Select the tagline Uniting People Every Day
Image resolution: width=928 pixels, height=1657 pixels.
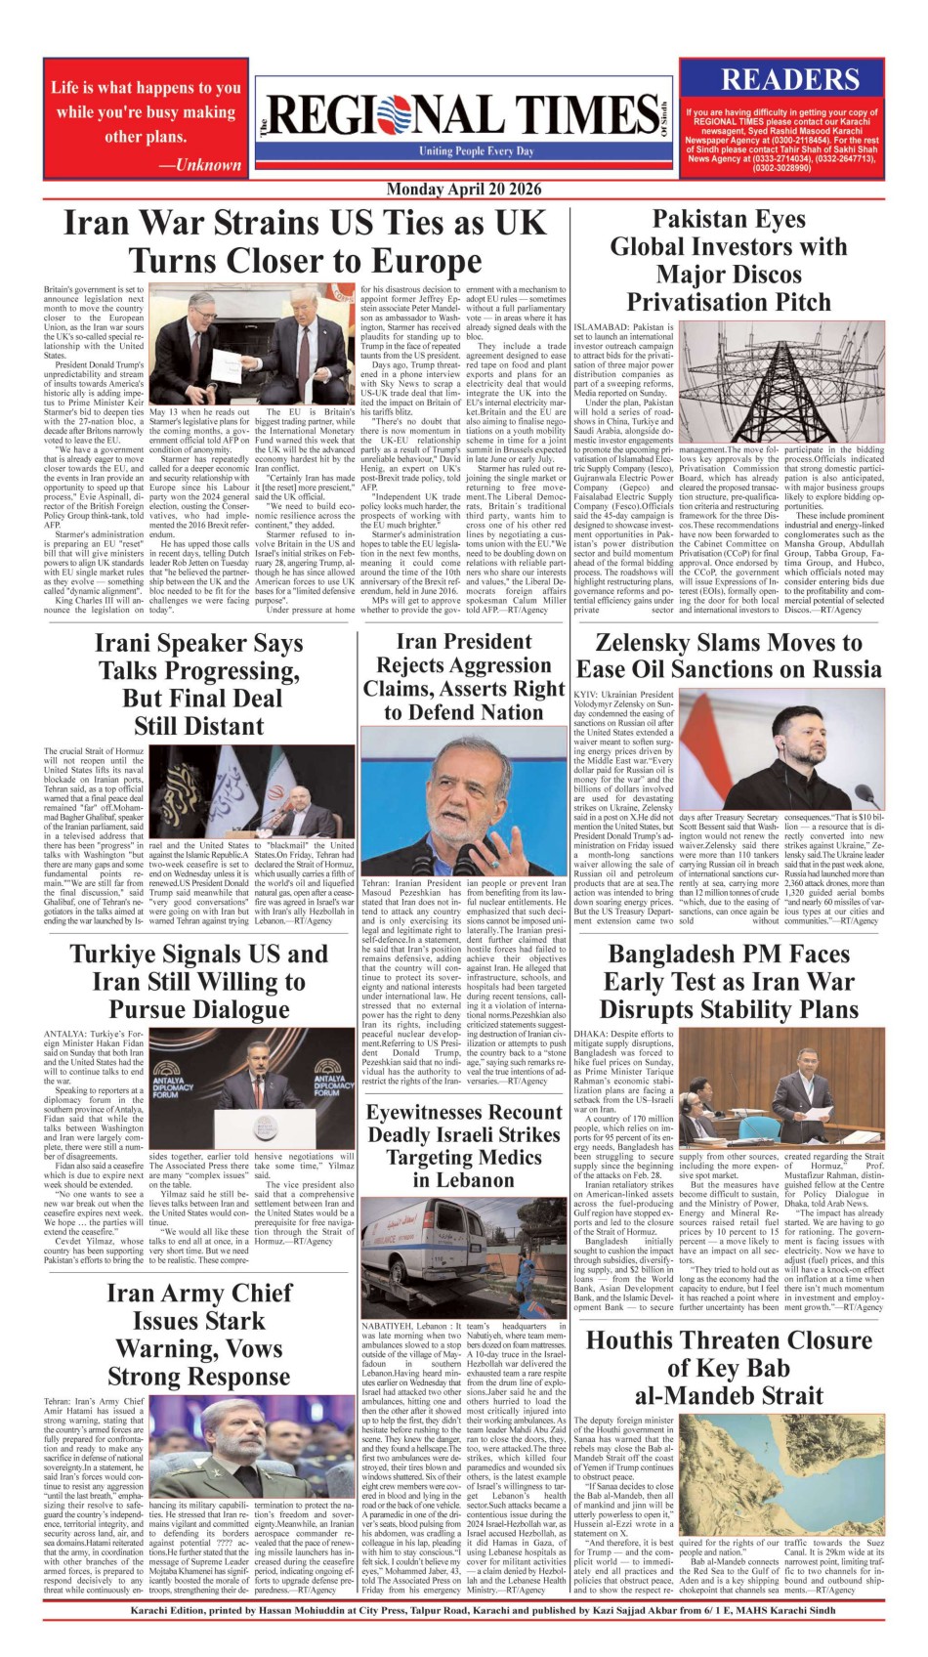(x=477, y=151)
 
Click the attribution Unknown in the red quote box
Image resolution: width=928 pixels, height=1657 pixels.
(x=208, y=165)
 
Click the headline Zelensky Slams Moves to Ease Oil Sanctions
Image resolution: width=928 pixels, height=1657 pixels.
(x=729, y=656)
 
